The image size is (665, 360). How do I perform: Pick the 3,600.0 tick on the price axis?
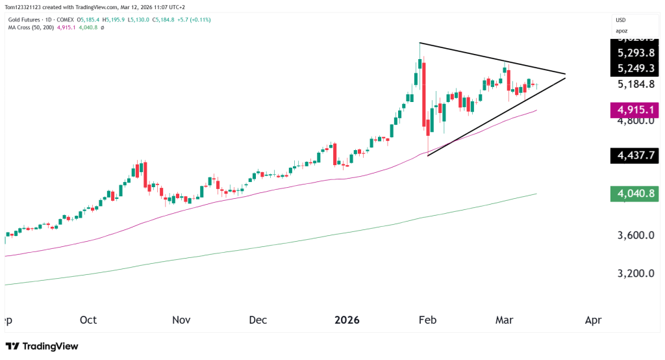[x=636, y=235]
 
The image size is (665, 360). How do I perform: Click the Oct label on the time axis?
[x=88, y=320]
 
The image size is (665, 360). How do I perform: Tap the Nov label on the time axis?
[x=181, y=320]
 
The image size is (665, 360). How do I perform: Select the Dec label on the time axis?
[x=258, y=320]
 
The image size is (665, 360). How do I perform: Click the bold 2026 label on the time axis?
[x=347, y=320]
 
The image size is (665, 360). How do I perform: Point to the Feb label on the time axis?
[x=426, y=320]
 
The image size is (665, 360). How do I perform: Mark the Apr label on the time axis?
[x=592, y=320]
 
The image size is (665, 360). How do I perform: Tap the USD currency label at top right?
[x=622, y=20]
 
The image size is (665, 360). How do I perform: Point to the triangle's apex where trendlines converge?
[x=566, y=75]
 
